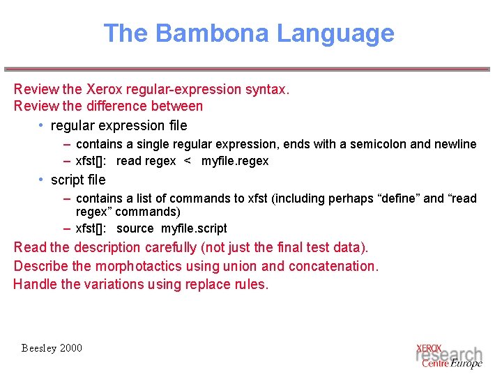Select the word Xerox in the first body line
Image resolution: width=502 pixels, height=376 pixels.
103,89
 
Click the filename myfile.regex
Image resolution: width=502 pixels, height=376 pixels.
235,161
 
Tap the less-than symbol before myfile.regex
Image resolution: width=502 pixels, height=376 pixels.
187,161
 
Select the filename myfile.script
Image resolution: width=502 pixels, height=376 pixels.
194,228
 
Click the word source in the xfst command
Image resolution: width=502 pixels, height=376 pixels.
135,228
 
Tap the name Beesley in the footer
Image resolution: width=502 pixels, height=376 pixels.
39,347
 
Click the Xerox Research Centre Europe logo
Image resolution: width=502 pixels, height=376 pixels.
448,355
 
